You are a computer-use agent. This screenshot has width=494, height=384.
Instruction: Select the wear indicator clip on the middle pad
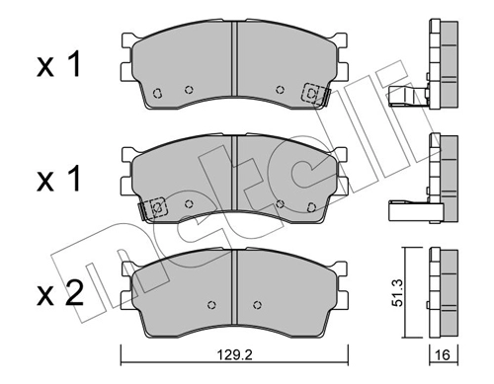[x=153, y=208]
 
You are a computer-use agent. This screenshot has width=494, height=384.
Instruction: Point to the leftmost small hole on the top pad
[x=158, y=95]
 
